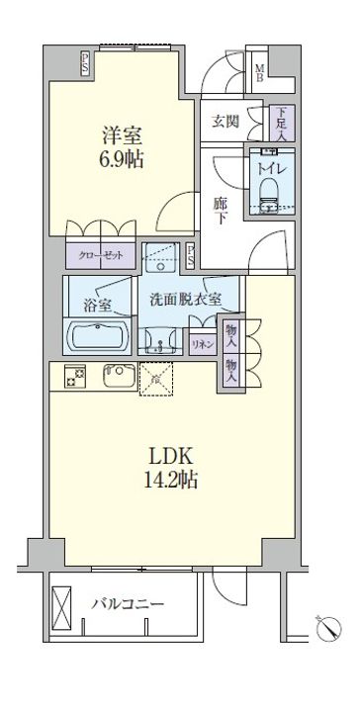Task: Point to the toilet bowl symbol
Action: (268, 198)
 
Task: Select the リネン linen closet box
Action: (201, 342)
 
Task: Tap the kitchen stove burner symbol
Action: (73, 376)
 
